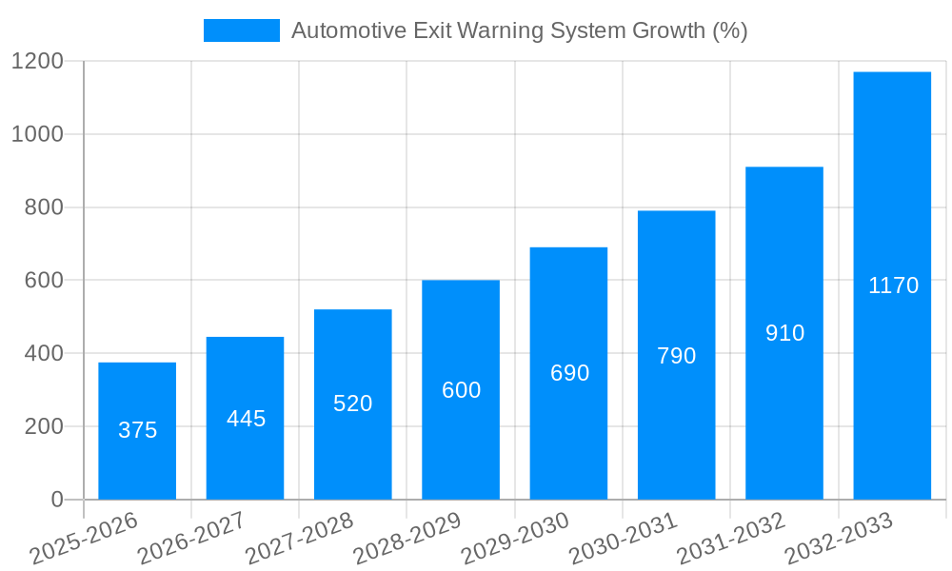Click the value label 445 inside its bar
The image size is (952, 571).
point(246,419)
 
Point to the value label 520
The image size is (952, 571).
point(353,404)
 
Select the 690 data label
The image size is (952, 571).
point(569,373)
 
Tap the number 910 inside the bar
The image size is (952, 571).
point(784,333)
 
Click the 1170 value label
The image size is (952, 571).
point(893,285)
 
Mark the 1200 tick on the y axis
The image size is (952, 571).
point(37,62)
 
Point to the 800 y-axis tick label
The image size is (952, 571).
point(45,207)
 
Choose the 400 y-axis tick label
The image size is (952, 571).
point(45,354)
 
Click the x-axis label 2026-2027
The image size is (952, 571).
point(191,539)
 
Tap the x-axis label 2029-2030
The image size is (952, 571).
point(515,539)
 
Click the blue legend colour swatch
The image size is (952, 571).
point(242,30)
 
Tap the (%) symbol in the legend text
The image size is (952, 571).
point(729,30)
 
